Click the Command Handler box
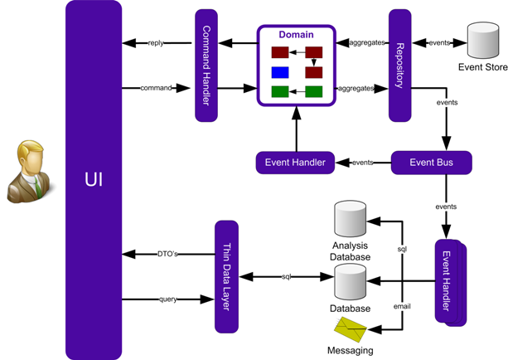[206, 65]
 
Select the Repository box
[400, 65]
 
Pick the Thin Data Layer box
[226, 276]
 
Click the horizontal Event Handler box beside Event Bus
[295, 163]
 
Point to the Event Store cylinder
[482, 40]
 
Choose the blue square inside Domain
[280, 72]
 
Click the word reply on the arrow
[155, 42]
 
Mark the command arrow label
[155, 86]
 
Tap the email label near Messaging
[402, 306]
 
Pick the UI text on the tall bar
[94, 179]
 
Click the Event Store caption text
[482, 67]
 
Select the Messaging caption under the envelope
[351, 351]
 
